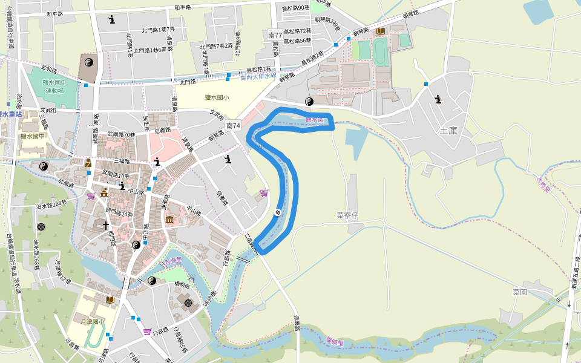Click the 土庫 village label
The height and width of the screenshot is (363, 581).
(x=448, y=130)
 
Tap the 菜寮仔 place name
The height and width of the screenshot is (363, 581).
(x=348, y=215)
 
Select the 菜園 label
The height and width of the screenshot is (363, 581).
(x=520, y=292)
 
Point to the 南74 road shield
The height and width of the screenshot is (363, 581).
(x=233, y=125)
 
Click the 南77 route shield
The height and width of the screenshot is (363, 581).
(x=275, y=36)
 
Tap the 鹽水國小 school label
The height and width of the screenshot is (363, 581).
(x=217, y=97)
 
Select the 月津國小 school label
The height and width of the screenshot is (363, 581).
(x=92, y=322)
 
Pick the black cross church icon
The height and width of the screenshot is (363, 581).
(x=106, y=225)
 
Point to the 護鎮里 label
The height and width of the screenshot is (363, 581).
(x=333, y=342)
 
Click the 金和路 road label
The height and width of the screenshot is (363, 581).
(x=49, y=70)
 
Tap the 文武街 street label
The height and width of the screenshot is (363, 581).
(x=48, y=111)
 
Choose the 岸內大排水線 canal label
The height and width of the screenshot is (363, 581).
(x=258, y=76)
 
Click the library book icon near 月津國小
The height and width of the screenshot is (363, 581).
(x=110, y=299)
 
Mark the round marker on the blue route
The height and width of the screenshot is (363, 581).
(x=277, y=212)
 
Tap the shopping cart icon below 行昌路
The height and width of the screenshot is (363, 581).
(x=147, y=332)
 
